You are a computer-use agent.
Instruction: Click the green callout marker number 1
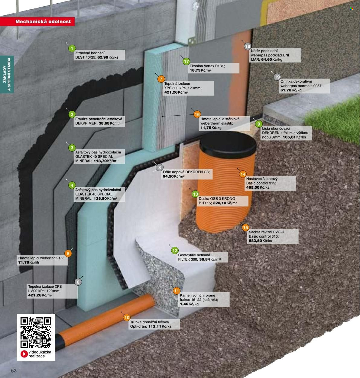(72, 48)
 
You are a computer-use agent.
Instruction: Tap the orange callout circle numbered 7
(161, 79)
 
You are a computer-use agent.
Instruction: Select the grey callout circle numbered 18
(248, 46)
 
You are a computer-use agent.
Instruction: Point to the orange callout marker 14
(243, 174)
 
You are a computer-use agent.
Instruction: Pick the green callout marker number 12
(175, 251)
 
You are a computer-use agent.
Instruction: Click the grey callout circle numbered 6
(78, 282)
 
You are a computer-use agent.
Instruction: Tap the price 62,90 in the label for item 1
(103, 57)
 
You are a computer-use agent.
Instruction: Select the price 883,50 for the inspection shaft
(255, 241)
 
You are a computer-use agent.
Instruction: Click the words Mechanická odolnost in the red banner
(43, 21)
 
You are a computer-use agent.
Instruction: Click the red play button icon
(24, 354)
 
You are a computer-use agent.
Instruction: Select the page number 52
(14, 371)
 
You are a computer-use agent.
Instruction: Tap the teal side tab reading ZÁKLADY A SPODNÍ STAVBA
(7, 74)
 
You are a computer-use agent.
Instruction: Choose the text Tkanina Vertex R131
(207, 66)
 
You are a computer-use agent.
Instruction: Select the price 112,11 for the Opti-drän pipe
(154, 326)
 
